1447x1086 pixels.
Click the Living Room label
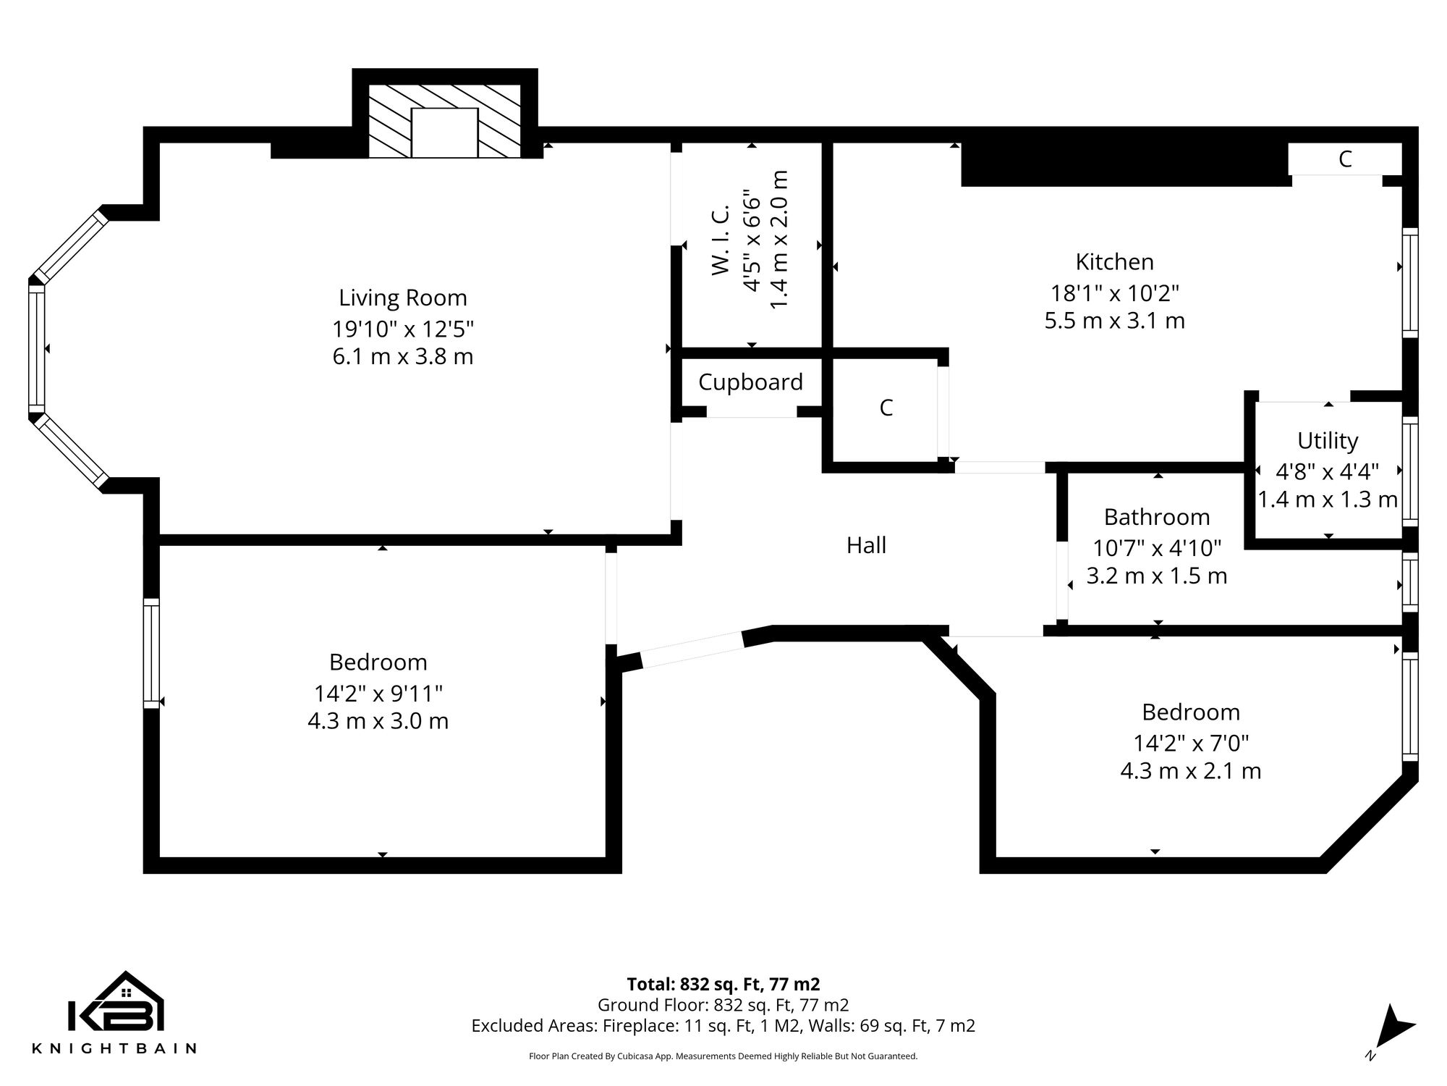(402, 298)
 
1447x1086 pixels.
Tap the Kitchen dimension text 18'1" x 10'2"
(1114, 293)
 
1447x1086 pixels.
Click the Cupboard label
(750, 382)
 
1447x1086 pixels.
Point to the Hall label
(866, 545)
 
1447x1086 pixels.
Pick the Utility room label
(1327, 440)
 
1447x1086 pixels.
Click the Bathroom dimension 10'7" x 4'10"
(1156, 548)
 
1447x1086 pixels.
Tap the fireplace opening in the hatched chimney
(444, 132)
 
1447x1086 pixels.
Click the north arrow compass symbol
(1393, 1028)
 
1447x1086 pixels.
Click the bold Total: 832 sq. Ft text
(723, 984)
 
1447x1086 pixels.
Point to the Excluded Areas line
(723, 1026)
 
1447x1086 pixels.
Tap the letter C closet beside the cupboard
(886, 408)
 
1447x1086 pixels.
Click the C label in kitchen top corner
(1344, 159)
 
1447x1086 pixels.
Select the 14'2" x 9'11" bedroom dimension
(378, 694)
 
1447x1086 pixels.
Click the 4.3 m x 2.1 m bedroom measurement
(1190, 770)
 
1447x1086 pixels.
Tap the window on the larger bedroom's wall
(150, 653)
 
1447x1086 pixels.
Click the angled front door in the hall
(692, 649)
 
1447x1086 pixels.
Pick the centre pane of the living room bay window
(36, 349)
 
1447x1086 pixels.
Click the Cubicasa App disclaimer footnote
(723, 1056)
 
